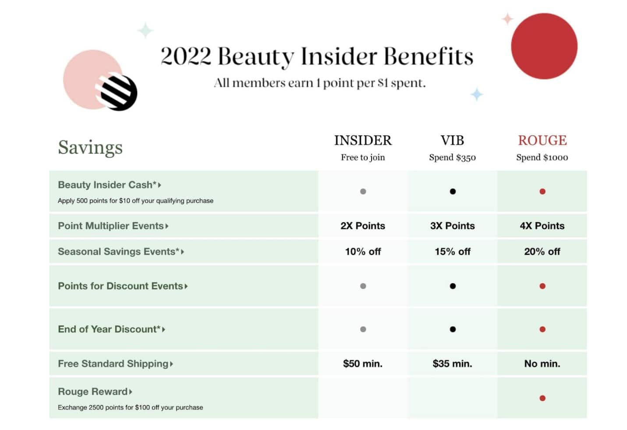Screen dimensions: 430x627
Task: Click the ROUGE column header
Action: pos(542,140)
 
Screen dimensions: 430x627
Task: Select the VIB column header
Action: pos(452,140)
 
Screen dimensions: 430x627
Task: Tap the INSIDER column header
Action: pos(363,140)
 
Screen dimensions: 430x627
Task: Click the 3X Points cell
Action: pos(452,226)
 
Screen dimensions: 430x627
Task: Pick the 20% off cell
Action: pos(542,252)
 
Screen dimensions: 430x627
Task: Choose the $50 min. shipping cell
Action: pos(363,364)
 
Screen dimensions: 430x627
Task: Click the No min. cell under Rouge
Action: pos(542,364)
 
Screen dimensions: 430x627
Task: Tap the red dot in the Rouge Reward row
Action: pos(542,398)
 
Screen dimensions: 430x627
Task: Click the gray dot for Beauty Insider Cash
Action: pos(363,191)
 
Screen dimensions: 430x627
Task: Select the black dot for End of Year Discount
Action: pos(453,329)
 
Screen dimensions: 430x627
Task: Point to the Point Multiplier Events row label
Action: pos(111,226)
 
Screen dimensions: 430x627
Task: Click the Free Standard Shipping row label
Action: pos(113,364)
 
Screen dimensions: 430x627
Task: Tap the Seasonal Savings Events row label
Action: pos(119,252)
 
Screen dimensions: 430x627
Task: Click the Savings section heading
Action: pos(90,148)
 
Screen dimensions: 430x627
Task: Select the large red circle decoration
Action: pos(544,46)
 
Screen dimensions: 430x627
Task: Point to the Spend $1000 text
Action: pos(542,158)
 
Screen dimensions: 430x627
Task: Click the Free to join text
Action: pos(363,158)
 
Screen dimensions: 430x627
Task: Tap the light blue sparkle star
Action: pos(477,94)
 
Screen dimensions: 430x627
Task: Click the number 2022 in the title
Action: pos(186,57)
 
